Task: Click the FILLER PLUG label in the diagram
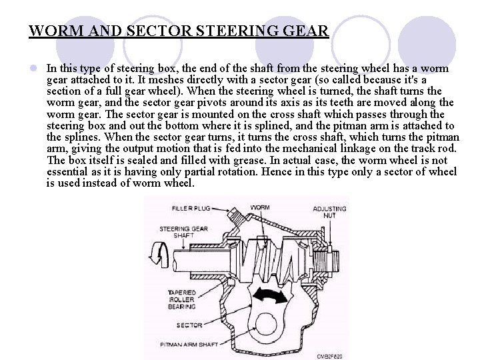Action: point(191,208)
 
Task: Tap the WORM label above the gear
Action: point(259,208)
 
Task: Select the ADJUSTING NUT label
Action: point(329,212)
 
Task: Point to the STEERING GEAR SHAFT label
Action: point(184,232)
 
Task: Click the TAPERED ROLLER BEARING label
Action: point(181,299)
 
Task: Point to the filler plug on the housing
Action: point(236,215)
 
